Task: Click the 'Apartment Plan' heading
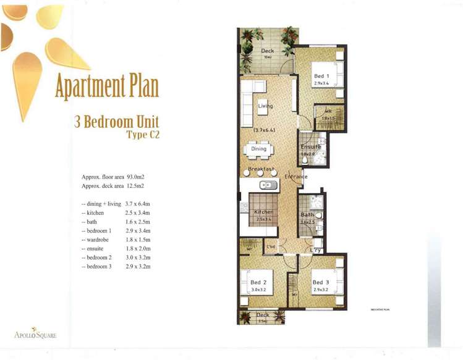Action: coord(106,88)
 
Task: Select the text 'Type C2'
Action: coord(143,136)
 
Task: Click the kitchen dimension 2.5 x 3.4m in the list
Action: coord(138,212)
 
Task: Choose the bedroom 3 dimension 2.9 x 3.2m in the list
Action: coord(138,267)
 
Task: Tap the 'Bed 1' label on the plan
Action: coord(321,76)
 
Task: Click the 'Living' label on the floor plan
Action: coord(265,106)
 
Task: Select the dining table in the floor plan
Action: coord(259,149)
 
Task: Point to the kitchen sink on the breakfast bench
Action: coord(268,185)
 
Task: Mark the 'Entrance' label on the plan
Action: coord(296,177)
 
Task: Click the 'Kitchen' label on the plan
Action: coord(264,212)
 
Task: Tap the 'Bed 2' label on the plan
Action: coord(258,282)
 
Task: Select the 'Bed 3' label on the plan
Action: coord(320,282)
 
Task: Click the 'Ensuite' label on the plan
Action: coord(310,148)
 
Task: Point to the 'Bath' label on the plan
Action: coord(307,215)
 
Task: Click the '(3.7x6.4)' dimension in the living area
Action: coord(264,130)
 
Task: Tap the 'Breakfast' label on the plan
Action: coord(261,169)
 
